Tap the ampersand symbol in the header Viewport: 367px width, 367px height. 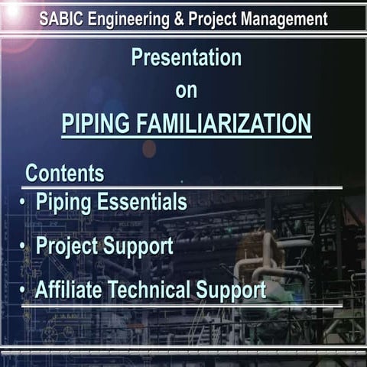point(179,18)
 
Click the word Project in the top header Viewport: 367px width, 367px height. point(213,18)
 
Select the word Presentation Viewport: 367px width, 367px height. point(186,57)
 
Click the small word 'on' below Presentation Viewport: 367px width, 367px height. point(186,90)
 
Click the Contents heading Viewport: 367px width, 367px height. point(65,173)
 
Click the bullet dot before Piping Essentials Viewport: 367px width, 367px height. point(23,203)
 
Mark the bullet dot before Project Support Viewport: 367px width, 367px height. point(23,246)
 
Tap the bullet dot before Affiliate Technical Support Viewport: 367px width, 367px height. point(23,290)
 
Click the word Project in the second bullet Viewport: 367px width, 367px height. point(67,246)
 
